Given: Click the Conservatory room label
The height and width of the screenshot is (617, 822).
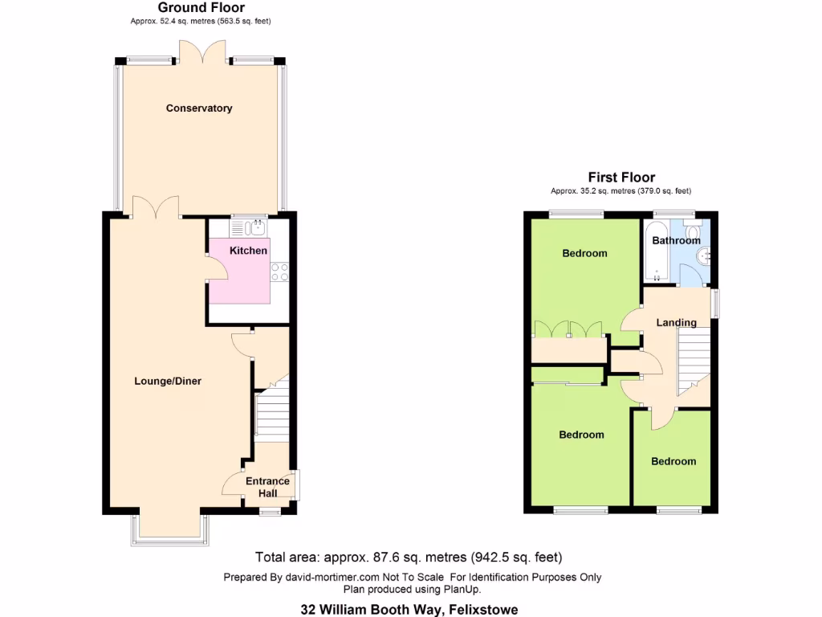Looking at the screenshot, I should click(x=199, y=108).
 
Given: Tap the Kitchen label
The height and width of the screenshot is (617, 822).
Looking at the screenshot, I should click(x=249, y=251).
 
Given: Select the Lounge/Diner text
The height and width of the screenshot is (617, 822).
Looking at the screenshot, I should click(x=167, y=381).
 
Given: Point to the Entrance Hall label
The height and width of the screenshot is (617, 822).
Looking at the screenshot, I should click(x=267, y=487).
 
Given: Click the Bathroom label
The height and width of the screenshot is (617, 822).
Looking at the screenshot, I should click(x=676, y=240).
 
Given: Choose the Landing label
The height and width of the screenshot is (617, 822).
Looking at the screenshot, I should click(x=677, y=323).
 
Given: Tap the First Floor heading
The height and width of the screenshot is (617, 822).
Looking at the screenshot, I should click(x=621, y=178).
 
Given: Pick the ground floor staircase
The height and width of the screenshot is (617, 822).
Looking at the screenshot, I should click(x=271, y=415).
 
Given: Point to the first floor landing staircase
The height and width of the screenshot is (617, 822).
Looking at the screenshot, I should click(x=694, y=363).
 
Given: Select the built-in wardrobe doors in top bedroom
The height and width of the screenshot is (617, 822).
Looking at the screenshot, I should click(x=569, y=329).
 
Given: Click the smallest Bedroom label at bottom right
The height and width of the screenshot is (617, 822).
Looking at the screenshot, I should click(x=673, y=461).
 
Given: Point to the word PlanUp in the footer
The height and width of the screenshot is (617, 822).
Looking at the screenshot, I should click(x=463, y=589).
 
